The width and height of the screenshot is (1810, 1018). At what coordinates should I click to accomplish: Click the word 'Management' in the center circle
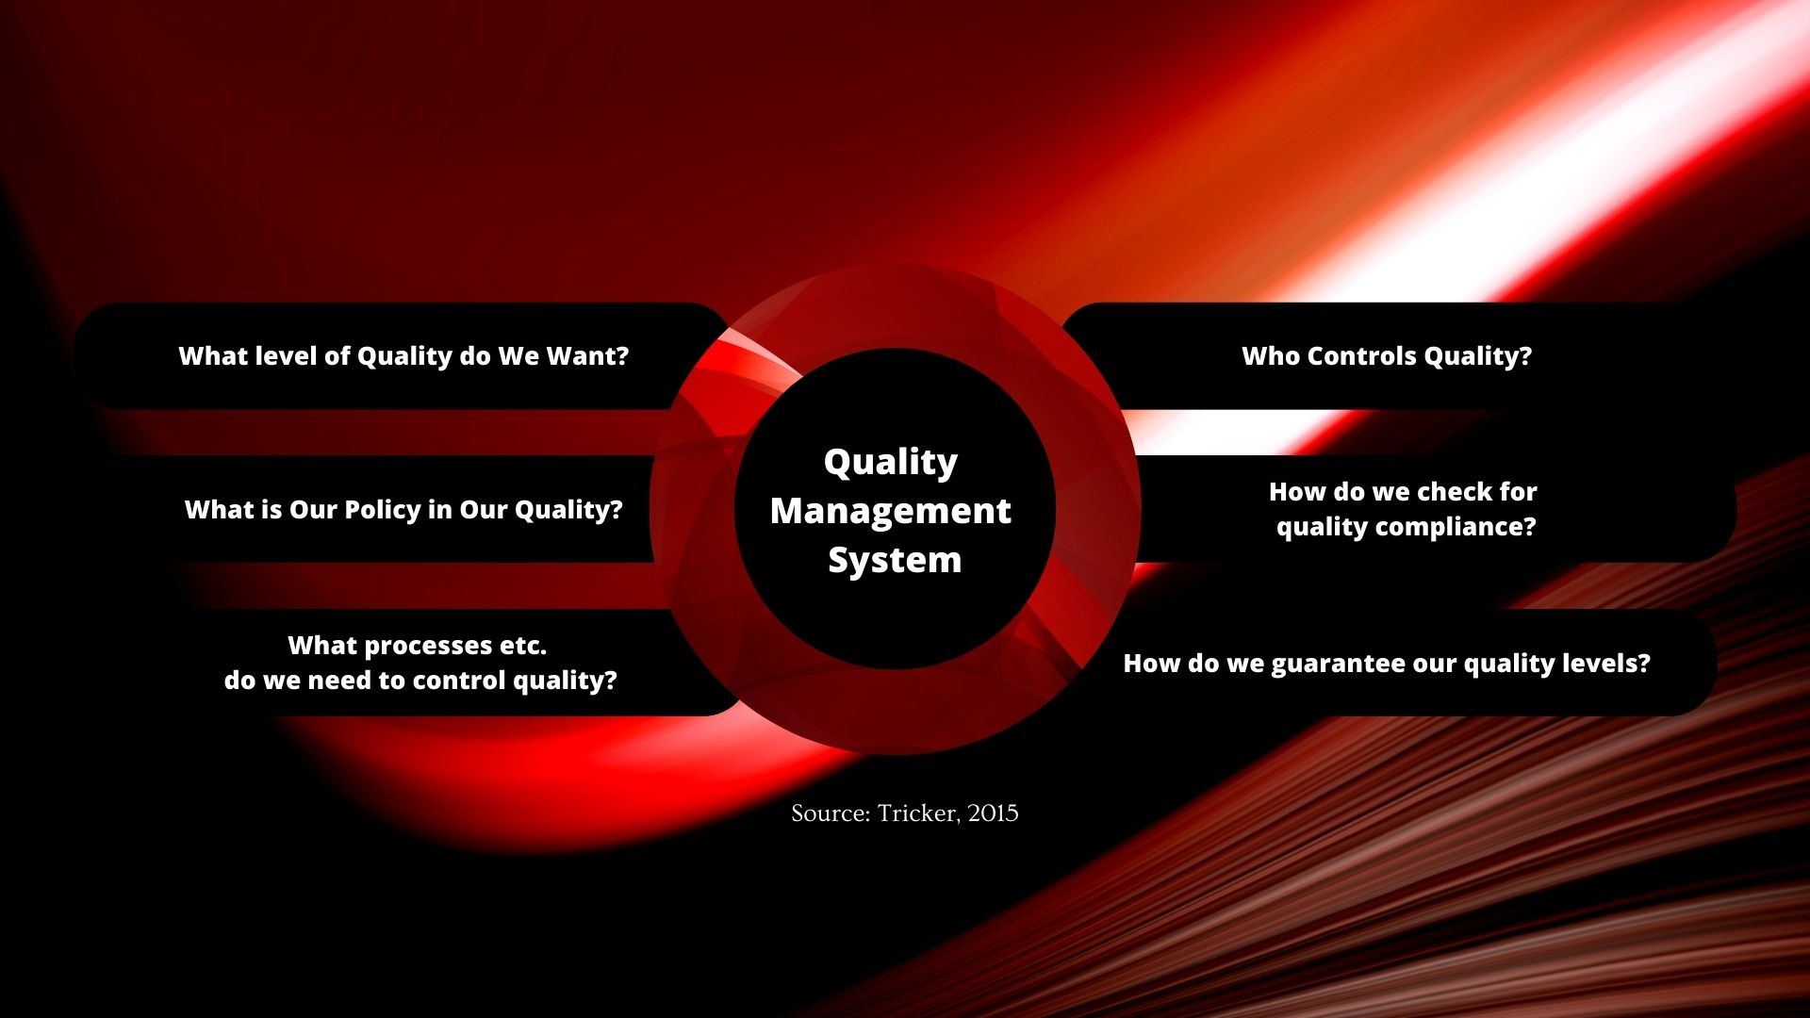[890, 511]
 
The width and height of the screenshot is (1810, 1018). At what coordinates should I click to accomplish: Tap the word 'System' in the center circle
[895, 560]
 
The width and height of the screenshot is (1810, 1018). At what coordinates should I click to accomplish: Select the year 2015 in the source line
[993, 813]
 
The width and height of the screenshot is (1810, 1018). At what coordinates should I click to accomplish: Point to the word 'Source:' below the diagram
[831, 813]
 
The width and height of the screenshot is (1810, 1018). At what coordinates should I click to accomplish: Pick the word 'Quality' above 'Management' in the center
[891, 463]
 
